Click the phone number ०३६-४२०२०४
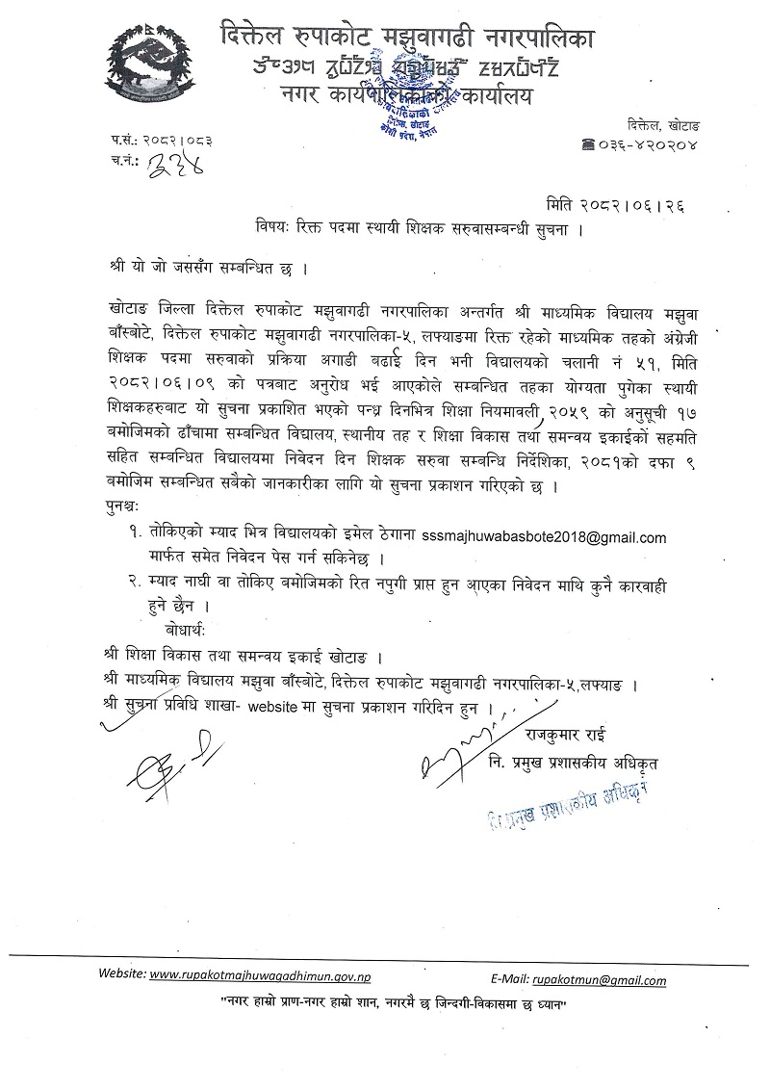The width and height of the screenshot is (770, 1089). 646,146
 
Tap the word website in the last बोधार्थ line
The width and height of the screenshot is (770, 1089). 274,708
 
